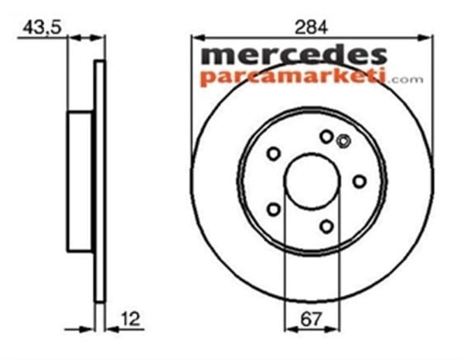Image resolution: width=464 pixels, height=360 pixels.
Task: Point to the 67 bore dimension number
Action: coord(311,317)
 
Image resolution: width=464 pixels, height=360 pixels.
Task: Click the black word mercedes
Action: coord(294,56)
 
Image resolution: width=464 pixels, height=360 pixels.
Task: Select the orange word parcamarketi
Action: coord(294,77)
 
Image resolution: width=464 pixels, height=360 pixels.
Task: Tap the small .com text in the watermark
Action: coord(407,79)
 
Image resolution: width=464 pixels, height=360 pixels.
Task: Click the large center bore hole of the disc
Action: coord(311,182)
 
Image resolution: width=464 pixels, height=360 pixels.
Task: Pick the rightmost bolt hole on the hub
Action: coord(359,181)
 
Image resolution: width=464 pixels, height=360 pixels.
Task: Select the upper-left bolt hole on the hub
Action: coord(273,154)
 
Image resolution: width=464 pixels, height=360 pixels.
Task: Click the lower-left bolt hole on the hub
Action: coord(273,209)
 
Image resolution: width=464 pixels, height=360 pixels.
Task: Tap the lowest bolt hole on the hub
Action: coord(326,226)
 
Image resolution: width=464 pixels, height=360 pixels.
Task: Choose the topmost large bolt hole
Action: coord(326,137)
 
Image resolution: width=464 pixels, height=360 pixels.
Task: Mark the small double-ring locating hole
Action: coord(344,141)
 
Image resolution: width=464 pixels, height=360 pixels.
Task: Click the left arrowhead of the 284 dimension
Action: coord(197,36)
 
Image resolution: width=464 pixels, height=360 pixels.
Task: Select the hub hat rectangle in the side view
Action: coord(81,182)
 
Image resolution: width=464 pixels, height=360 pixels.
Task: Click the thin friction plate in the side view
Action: coord(98,182)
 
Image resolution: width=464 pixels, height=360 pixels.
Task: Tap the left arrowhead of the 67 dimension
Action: coord(288,328)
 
